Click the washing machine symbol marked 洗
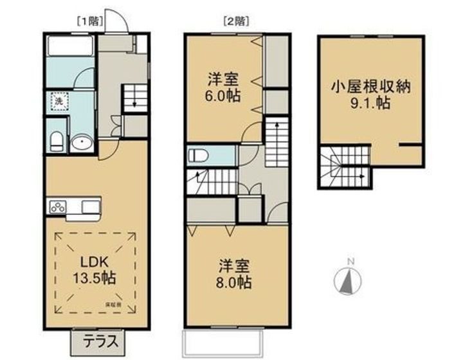pos(58,102)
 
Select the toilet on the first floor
pos(57,140)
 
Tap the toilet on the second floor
pos(197,156)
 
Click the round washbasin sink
pos(82,143)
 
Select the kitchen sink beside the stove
pos(89,207)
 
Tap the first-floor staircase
pos(134,98)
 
